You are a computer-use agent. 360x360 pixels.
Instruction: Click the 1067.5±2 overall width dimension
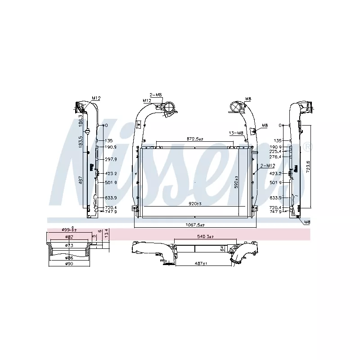click(195, 225)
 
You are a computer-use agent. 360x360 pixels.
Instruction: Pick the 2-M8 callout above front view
click(156, 94)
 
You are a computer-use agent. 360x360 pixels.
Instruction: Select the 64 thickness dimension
click(222, 248)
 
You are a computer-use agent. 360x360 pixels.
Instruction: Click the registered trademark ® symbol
click(307, 147)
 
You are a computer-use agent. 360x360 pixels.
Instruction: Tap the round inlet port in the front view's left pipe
click(170, 108)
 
